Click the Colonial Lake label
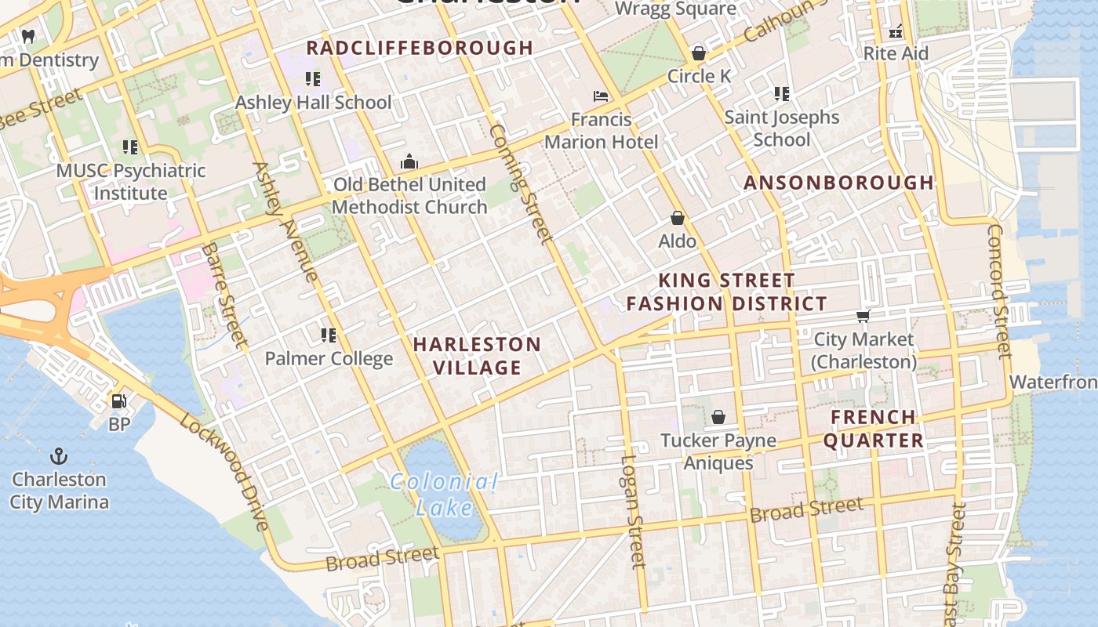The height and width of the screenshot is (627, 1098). [x=444, y=494]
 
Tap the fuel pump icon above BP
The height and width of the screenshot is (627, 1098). [x=118, y=401]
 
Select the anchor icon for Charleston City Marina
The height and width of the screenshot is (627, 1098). [x=58, y=456]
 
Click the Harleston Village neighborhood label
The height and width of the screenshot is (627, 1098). [x=477, y=356]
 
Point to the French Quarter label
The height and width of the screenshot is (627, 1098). [x=873, y=429]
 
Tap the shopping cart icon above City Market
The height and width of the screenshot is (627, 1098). [x=863, y=316]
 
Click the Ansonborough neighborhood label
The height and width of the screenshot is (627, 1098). [x=838, y=183]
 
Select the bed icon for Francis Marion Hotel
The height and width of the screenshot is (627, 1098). [x=601, y=96]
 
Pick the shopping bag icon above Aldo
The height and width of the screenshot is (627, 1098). [x=678, y=218]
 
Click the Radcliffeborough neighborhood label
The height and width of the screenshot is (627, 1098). [x=420, y=48]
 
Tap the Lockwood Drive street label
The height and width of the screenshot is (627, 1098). [x=225, y=472]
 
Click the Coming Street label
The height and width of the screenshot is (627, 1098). [x=521, y=183]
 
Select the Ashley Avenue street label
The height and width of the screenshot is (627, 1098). [x=285, y=221]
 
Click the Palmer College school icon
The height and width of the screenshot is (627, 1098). [x=329, y=335]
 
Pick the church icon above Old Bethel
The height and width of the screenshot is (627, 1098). [x=409, y=162]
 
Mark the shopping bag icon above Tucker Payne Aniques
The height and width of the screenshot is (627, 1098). [x=718, y=417]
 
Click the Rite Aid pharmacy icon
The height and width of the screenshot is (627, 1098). [x=896, y=32]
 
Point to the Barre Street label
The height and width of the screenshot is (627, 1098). [x=224, y=295]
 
